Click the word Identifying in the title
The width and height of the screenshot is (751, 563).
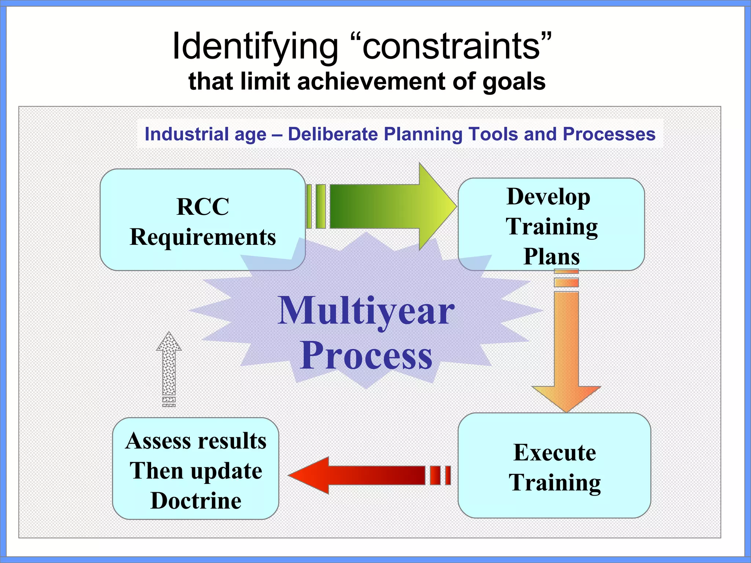254,47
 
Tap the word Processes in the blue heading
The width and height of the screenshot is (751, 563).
609,134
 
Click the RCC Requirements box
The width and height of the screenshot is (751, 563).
202,220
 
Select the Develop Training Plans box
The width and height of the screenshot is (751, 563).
551,224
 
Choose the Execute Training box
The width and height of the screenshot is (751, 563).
554,466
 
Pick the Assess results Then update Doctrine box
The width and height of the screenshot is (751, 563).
195,468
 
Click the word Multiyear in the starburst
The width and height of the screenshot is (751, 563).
366,311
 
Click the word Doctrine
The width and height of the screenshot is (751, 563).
195,501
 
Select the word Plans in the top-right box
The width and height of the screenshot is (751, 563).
551,256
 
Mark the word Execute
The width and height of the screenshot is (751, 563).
554,452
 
